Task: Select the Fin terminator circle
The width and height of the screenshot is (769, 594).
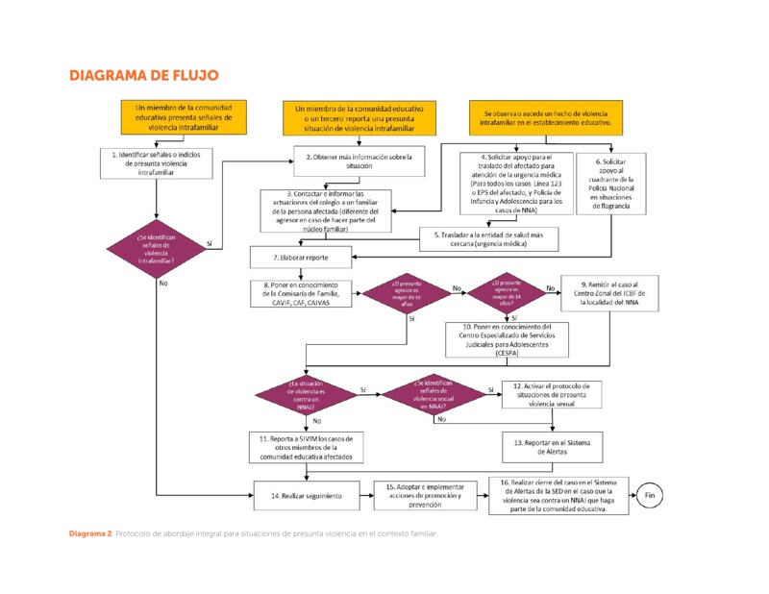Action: (x=650, y=496)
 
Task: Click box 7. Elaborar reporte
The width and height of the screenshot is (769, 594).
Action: (x=300, y=258)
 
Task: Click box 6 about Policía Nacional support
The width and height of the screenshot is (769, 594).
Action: (x=610, y=184)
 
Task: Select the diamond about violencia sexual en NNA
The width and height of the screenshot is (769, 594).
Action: (x=434, y=395)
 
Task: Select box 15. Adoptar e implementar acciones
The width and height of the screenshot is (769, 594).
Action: (x=424, y=496)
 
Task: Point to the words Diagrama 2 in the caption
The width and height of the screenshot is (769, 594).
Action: (x=89, y=533)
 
